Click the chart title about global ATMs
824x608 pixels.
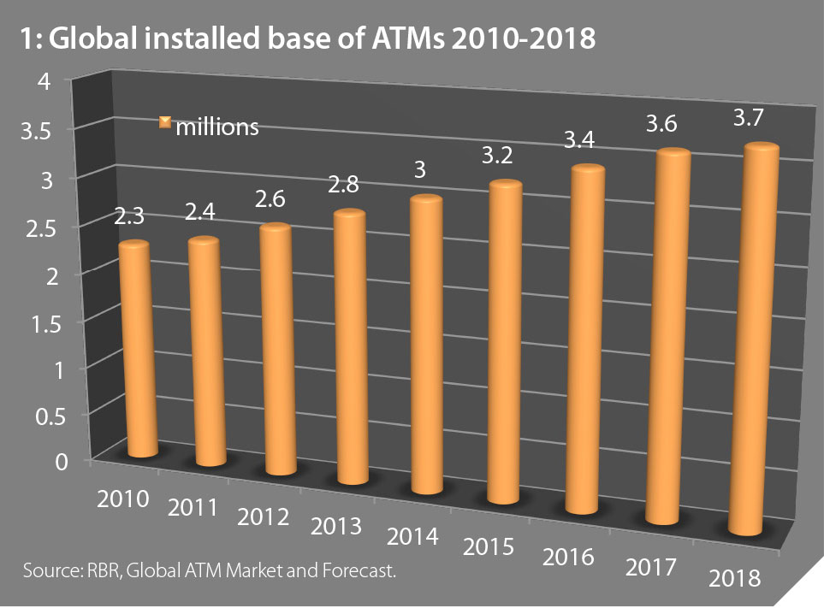[305, 41]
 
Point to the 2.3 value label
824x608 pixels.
[129, 217]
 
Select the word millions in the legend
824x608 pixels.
[216, 127]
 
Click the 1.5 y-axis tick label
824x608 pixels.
[34, 322]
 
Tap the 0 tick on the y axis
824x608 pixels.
[39, 462]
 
